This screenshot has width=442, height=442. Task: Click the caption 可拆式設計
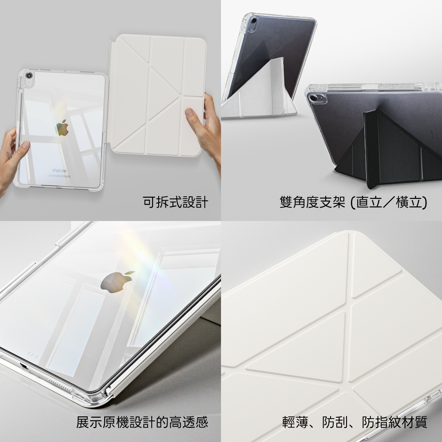(175, 202)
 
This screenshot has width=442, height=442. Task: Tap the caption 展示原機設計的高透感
(142, 422)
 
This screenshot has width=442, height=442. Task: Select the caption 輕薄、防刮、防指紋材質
(354, 422)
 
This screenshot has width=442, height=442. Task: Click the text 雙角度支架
(312, 202)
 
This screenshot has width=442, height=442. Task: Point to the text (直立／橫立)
(389, 202)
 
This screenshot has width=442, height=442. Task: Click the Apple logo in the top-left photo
(63, 128)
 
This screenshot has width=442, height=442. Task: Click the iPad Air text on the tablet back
(60, 170)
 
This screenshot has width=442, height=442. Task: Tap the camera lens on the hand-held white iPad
(29, 76)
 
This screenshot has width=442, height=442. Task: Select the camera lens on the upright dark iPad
(254, 21)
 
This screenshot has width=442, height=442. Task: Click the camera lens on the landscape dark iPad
(314, 99)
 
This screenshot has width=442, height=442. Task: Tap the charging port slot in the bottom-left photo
(24, 366)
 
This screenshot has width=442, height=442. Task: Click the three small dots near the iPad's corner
(33, 355)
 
